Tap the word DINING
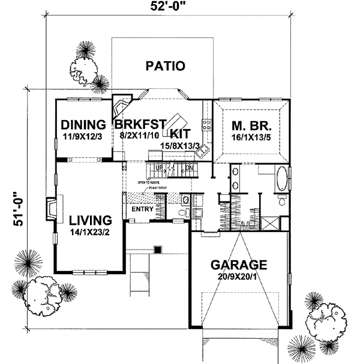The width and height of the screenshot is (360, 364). pos(83,125)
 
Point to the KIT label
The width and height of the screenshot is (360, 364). pos(180,133)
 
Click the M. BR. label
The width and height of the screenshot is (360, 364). pos(251,127)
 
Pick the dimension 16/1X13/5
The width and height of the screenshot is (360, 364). pos(251,139)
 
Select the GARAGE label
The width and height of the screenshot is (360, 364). pos(238,264)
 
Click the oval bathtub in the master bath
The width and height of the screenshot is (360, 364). pos(281,181)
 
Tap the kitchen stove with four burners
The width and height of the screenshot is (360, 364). pos(206,125)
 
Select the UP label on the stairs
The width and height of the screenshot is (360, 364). pos(159,168)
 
